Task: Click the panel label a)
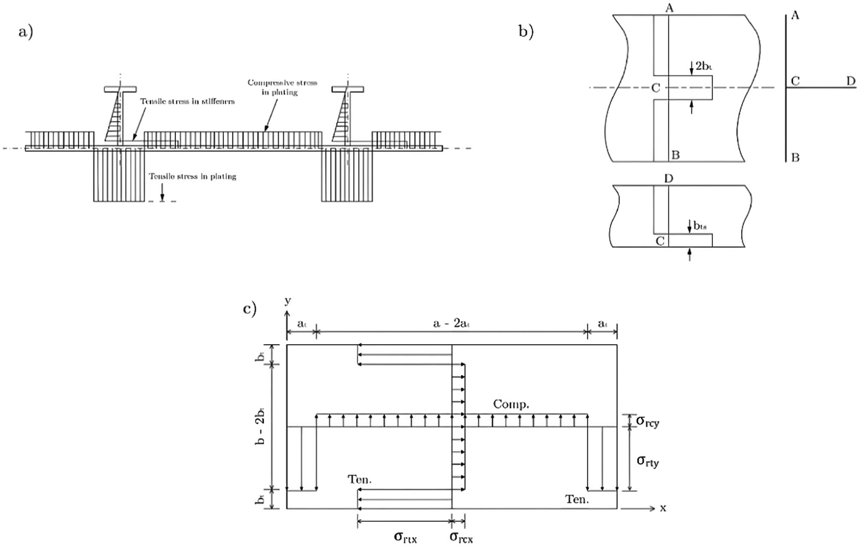25,32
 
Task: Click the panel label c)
250,308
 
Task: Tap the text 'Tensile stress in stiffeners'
187,101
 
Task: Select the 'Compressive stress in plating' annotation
282,87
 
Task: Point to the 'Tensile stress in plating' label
192,176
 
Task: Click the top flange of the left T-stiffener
120,89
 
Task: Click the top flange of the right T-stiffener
348,89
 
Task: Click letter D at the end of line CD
850,81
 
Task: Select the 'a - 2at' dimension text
451,323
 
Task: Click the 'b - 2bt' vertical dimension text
260,427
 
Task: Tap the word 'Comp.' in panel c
511,404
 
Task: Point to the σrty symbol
647,461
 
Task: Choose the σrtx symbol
405,537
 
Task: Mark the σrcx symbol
461,537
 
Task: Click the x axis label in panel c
663,508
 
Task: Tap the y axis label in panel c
287,300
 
